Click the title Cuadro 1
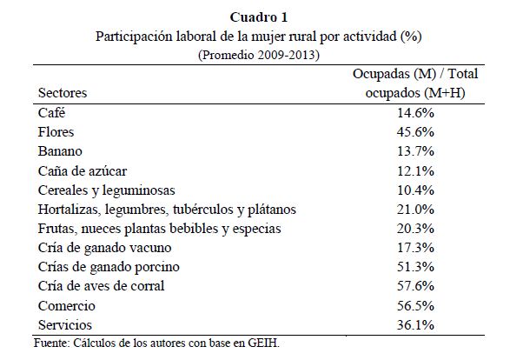point(261,17)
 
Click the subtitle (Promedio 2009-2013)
point(261,54)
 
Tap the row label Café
point(51,112)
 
